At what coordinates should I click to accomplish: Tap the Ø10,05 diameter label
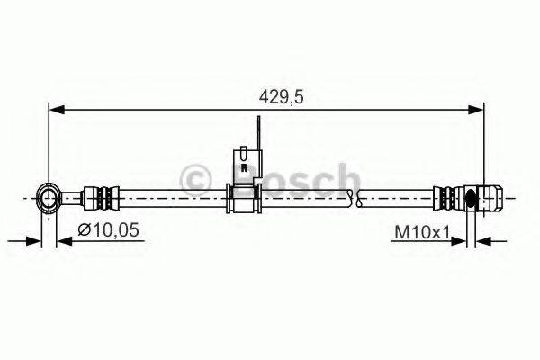pyautogui.click(x=107, y=231)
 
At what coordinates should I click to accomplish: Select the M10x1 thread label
pyautogui.click(x=421, y=232)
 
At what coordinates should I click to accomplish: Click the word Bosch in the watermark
pyautogui.click(x=288, y=177)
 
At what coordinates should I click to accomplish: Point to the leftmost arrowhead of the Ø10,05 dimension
pyautogui.click(x=34, y=240)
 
